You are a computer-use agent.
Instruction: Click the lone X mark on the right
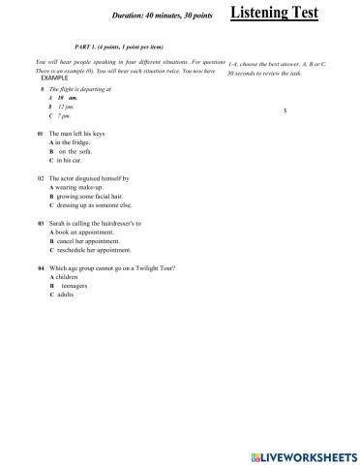285,110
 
